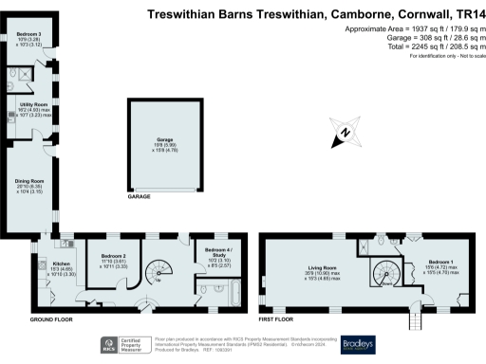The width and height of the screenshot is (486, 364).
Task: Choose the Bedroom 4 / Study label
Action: [218, 253]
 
